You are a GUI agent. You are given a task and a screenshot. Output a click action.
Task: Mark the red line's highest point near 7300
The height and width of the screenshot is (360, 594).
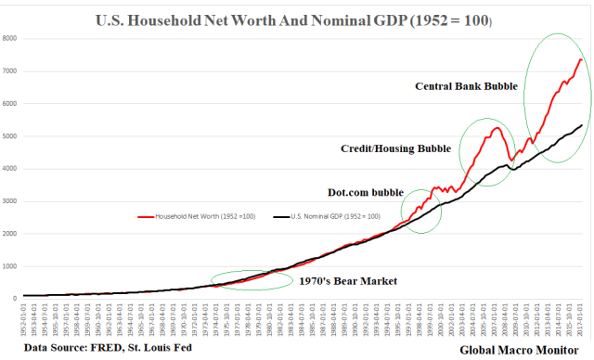click(x=580, y=59)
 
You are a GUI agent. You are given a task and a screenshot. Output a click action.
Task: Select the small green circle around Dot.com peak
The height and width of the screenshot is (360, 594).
click(x=420, y=210)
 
